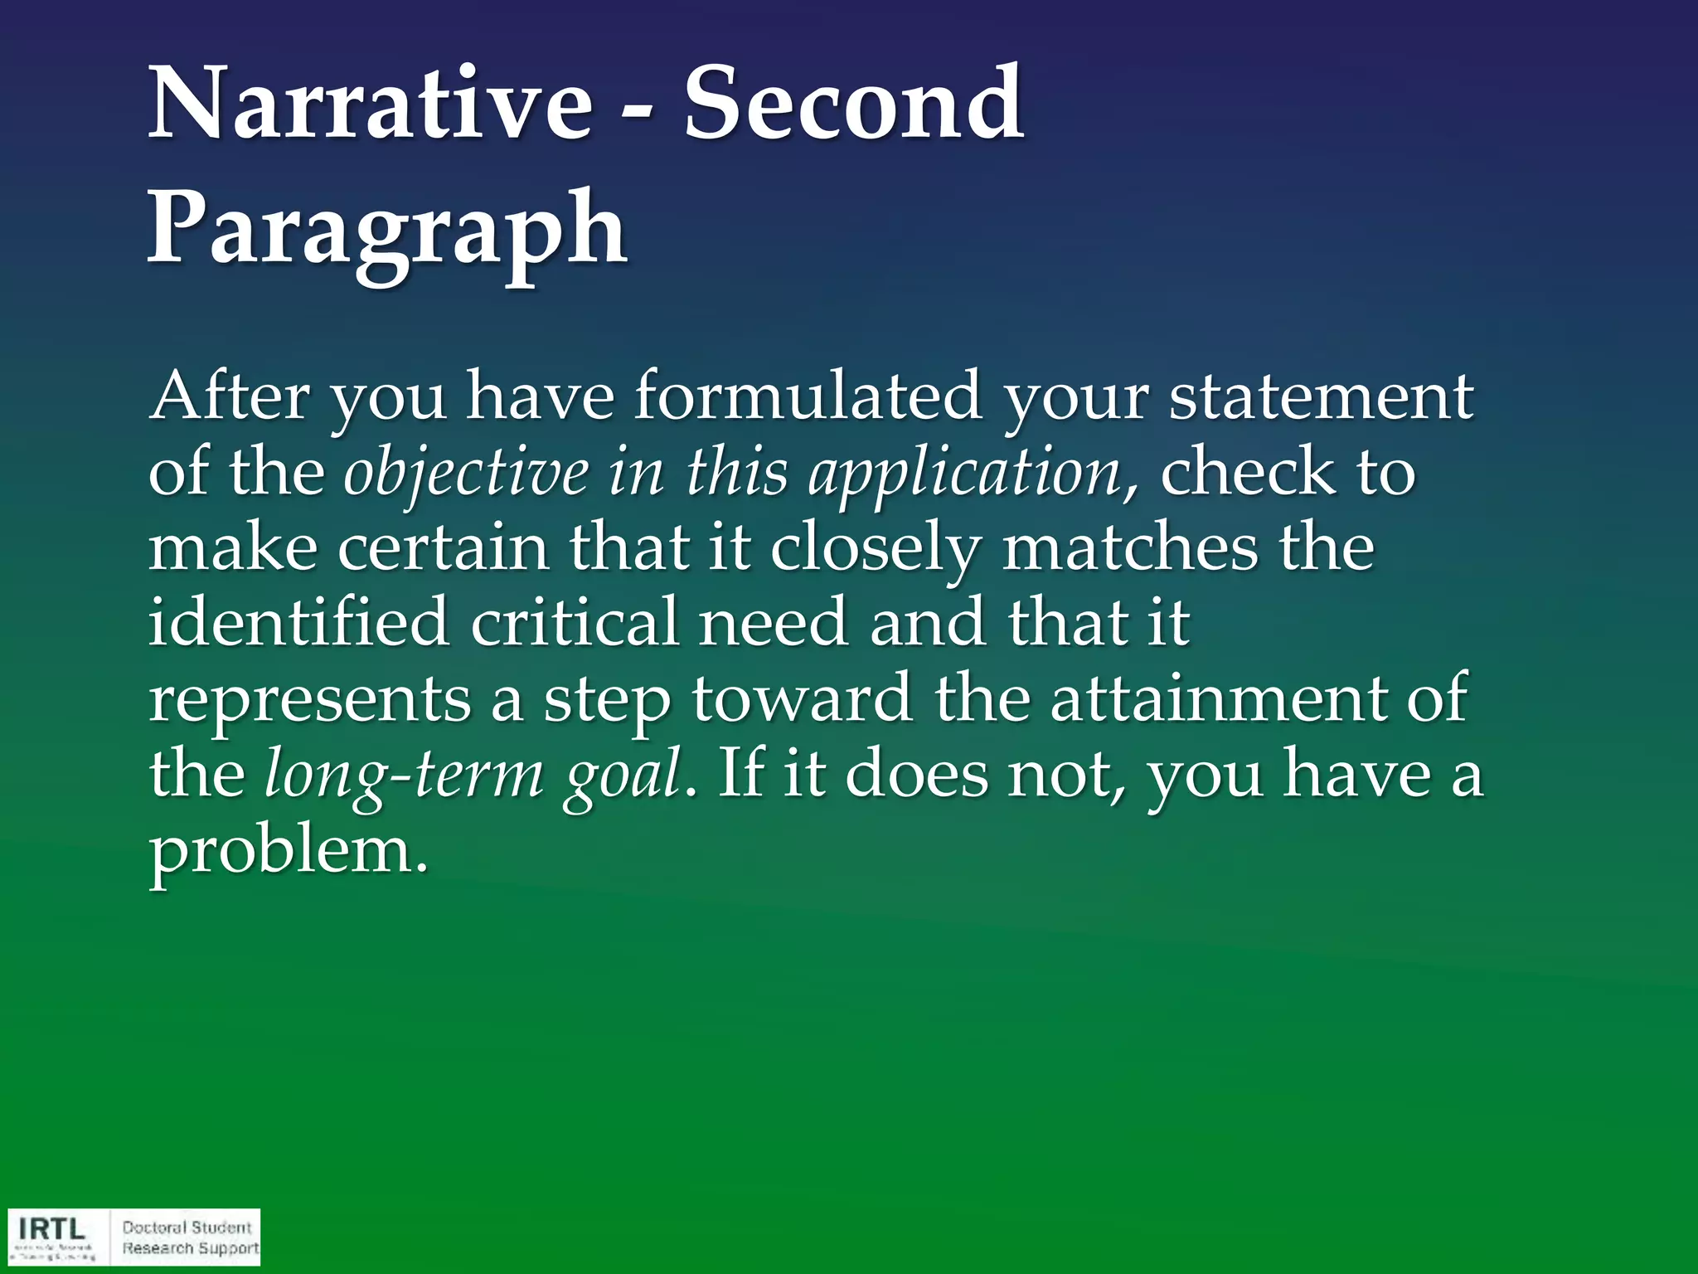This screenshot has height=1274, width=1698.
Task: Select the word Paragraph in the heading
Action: point(387,228)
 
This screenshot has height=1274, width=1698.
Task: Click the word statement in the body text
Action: point(1321,397)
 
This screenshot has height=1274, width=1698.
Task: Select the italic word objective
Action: point(466,473)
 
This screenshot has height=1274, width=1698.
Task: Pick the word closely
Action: point(876,550)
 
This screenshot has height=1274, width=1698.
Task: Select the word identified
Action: point(298,622)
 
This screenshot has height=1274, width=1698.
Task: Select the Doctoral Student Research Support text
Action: point(190,1238)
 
